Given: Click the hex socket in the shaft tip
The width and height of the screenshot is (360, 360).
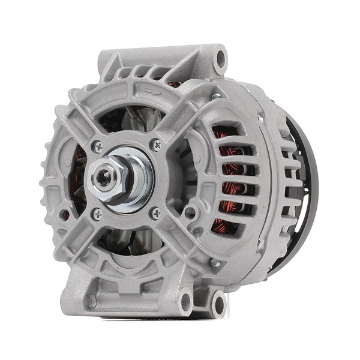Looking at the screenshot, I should (x=105, y=178).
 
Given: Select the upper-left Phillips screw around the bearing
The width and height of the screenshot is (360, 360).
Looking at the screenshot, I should (x=98, y=146).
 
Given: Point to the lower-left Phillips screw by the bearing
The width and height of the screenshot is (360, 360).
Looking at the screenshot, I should (x=97, y=212).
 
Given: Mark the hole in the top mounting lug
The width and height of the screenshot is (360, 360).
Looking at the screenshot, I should (x=221, y=59).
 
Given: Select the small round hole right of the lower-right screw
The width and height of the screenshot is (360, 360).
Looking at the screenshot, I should (x=191, y=211).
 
